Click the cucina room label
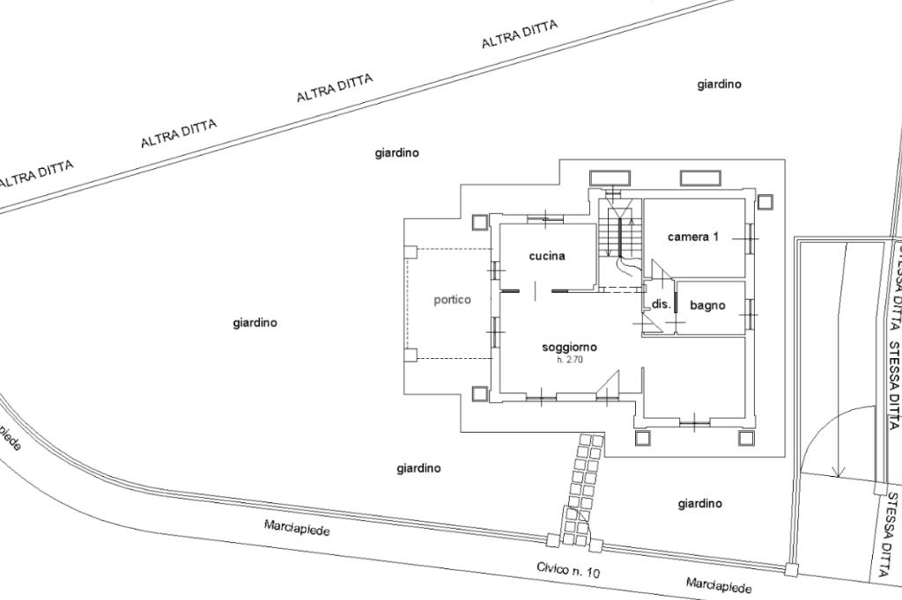coord(547,256)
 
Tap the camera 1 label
coord(693,237)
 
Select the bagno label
coord(707,305)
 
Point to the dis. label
coord(662,304)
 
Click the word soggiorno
coord(569,347)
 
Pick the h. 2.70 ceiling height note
coord(569,360)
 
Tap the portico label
coord(452,300)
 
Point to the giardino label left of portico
coord(255,323)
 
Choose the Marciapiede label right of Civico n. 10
coord(720,585)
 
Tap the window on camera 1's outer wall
coord(750,235)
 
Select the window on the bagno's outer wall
coord(750,308)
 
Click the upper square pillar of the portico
coord(410,252)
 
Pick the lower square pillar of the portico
coord(410,355)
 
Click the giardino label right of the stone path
coord(699,504)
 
